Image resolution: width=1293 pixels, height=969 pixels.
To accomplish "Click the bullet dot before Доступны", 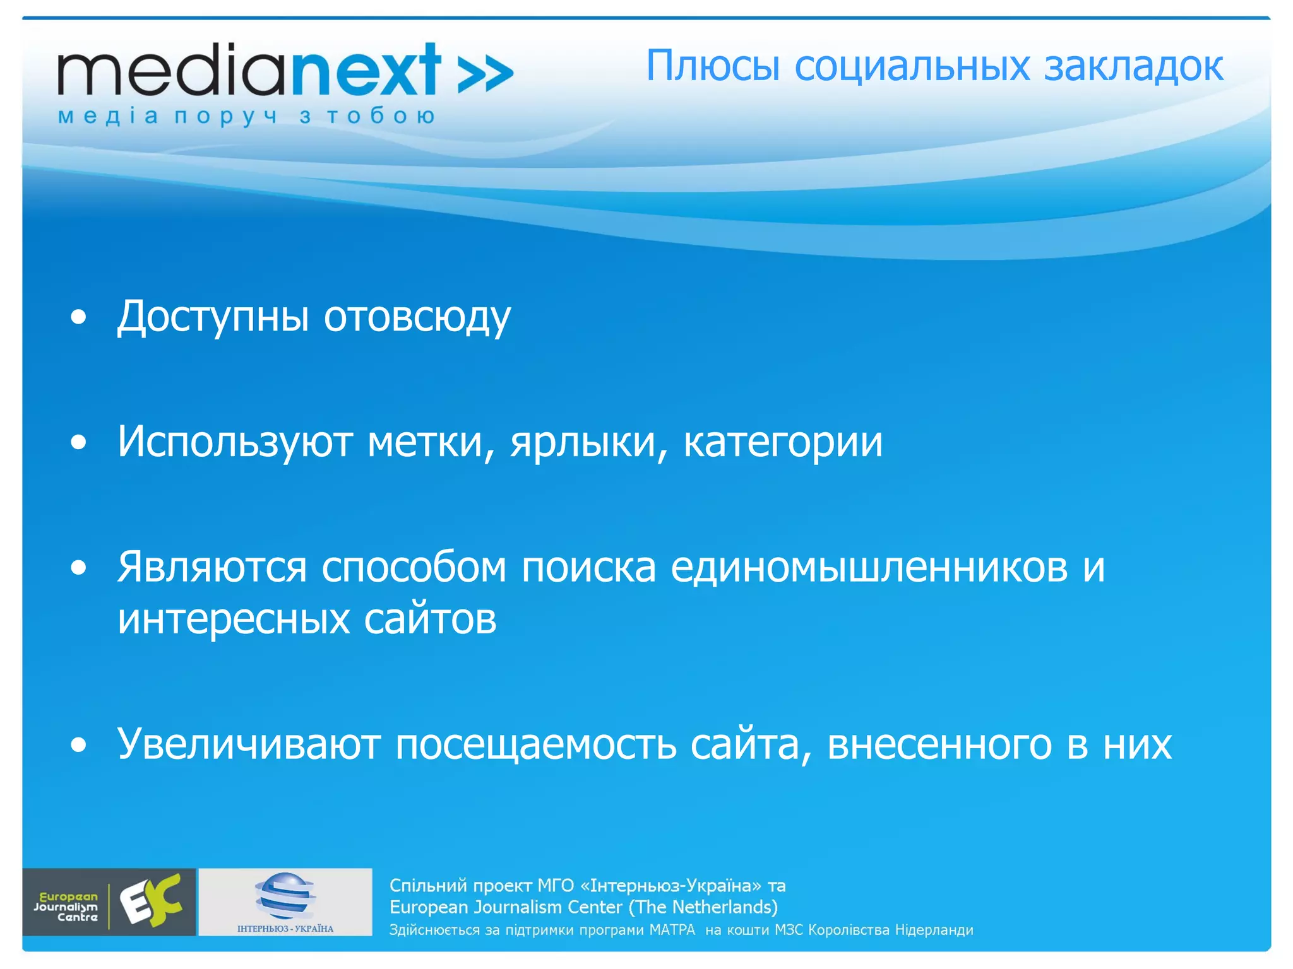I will (78, 318).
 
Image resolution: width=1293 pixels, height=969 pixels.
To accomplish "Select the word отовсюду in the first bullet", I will (417, 317).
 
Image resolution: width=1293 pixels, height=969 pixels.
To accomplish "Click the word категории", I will (783, 442).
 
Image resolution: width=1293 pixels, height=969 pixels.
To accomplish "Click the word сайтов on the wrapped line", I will (430, 619).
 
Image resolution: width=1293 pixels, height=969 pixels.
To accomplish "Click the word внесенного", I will (939, 744).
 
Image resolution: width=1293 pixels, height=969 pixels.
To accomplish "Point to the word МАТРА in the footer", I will (672, 930).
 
